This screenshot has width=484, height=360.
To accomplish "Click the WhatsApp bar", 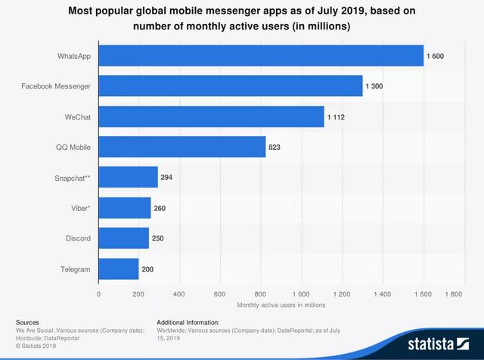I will click(x=261, y=56).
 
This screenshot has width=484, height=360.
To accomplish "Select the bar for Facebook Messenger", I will click(x=231, y=86).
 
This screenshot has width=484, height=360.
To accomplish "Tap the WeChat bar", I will click(x=211, y=116).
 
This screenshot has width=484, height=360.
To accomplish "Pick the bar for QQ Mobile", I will click(x=182, y=147).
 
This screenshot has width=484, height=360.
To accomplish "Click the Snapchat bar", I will click(x=129, y=177).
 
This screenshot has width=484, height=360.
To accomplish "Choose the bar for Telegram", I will click(x=119, y=268).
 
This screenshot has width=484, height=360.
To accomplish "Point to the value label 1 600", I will click(x=436, y=56).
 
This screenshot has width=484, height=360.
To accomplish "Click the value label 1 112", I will click(x=337, y=116).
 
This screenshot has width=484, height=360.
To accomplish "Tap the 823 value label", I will click(x=275, y=147).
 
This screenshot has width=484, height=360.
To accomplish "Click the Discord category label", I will click(x=78, y=238).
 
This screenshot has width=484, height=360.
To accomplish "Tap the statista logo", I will click(x=436, y=337).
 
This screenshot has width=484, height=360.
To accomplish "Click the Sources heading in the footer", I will click(x=27, y=321).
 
